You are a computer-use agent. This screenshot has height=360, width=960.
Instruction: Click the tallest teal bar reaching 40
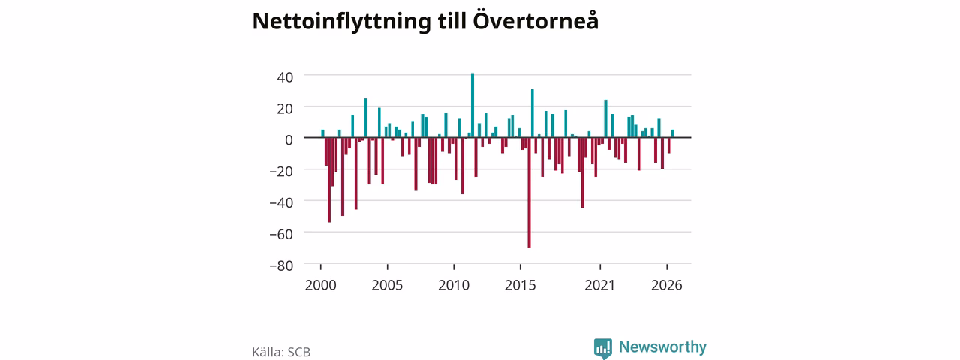coord(472,105)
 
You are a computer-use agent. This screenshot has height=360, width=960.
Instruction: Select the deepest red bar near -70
coord(529,193)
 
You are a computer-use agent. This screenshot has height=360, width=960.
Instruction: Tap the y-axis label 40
coord(285,77)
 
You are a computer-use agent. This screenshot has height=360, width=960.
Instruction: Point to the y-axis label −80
coord(281,265)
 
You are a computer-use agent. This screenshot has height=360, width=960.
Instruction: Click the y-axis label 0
coord(289,139)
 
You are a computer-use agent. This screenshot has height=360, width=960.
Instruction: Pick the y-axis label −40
coord(281,202)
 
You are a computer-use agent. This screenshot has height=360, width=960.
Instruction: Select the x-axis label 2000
coord(320,286)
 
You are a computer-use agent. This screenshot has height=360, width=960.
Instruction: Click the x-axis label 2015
coord(520,286)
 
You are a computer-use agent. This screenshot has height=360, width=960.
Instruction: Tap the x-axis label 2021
coord(599,286)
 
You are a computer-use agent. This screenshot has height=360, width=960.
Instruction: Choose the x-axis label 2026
coord(667,286)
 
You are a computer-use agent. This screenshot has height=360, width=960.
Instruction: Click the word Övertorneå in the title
coord(535,20)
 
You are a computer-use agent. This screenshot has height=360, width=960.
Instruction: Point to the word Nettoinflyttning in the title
coord(341,22)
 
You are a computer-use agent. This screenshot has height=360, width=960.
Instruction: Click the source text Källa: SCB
coord(281,352)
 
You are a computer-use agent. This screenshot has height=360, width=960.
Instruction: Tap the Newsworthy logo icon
coord(602,347)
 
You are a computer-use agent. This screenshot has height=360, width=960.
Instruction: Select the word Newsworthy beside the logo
coord(662,346)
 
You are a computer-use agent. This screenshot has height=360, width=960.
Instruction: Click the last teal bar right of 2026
coord(672,133)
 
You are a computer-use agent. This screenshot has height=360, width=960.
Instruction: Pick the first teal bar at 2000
coord(322,133)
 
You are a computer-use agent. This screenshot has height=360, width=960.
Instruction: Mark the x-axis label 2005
coord(387,286)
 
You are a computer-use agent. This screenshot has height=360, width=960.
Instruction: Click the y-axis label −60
coord(281,235)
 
